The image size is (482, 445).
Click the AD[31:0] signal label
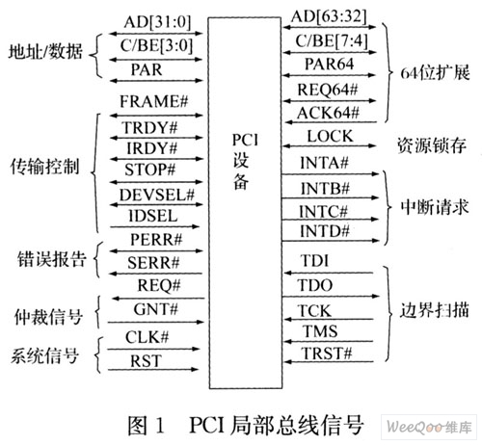[x=157, y=22]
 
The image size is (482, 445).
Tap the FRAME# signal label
[x=153, y=101]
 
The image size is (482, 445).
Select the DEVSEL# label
[x=157, y=195]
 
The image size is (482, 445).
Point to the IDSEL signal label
[x=153, y=216]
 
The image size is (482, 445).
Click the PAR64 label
[x=329, y=64]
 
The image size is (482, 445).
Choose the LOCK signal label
[x=330, y=136]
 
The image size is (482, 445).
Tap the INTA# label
[x=324, y=163]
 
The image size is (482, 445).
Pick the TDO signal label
[x=315, y=285]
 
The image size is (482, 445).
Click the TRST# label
[x=328, y=353]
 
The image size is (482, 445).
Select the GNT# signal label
[x=156, y=309]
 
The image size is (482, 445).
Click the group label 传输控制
[x=44, y=167]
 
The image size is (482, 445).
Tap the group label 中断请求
[x=435, y=207]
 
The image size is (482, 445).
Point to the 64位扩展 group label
[x=435, y=72]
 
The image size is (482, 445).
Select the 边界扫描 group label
[x=434, y=310]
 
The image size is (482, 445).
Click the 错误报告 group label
[x=52, y=259]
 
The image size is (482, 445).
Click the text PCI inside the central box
[x=245, y=140]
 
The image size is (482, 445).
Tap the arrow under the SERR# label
[x=156, y=274]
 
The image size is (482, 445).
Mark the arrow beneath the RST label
[x=153, y=370]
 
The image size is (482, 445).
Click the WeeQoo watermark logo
[x=429, y=427]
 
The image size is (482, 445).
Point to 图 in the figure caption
[x=138, y=426]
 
